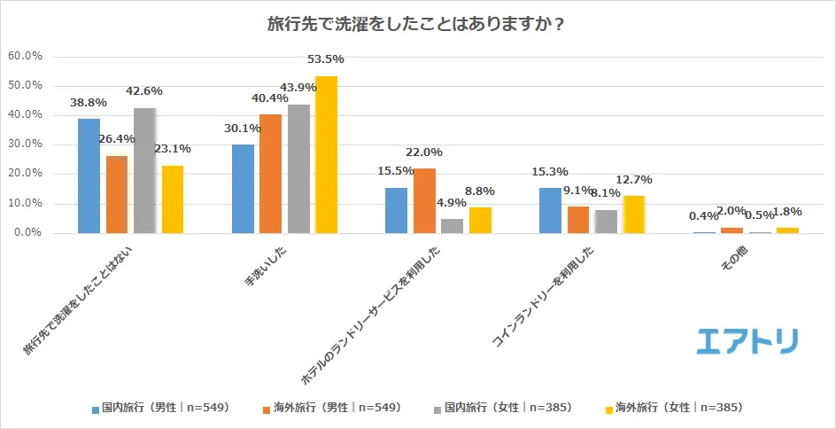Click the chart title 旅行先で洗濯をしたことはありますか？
[417, 24]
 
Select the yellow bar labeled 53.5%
[326, 155]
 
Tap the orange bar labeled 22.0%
[425, 200]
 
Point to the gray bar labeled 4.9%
[453, 226]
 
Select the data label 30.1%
[243, 129]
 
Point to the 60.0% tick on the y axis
[26, 56]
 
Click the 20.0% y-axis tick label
[26, 174]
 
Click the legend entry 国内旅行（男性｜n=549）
[159, 408]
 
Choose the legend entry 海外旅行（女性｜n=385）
[672, 408]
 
